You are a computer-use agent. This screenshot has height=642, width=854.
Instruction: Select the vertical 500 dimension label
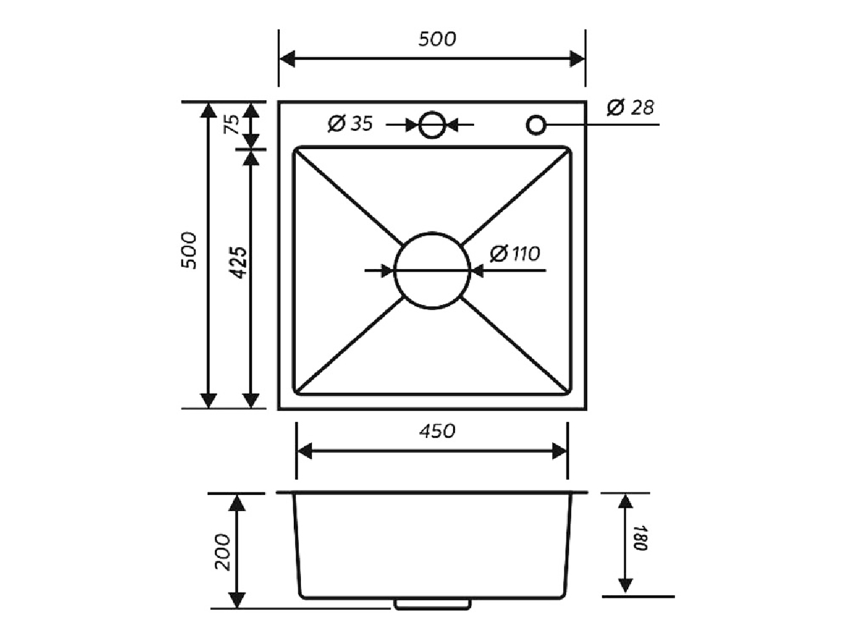point(189,250)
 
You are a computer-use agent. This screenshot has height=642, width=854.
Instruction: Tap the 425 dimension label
point(237,262)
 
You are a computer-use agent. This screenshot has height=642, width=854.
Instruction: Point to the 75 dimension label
point(232,124)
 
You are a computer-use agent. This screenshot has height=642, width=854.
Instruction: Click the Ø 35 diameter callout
point(350,124)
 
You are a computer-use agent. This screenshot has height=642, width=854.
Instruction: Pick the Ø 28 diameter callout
point(630,107)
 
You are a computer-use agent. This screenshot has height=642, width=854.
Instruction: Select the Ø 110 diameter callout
point(515,254)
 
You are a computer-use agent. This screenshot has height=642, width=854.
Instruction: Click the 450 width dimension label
point(437,431)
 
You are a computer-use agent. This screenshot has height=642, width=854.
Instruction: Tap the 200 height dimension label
point(223,552)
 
